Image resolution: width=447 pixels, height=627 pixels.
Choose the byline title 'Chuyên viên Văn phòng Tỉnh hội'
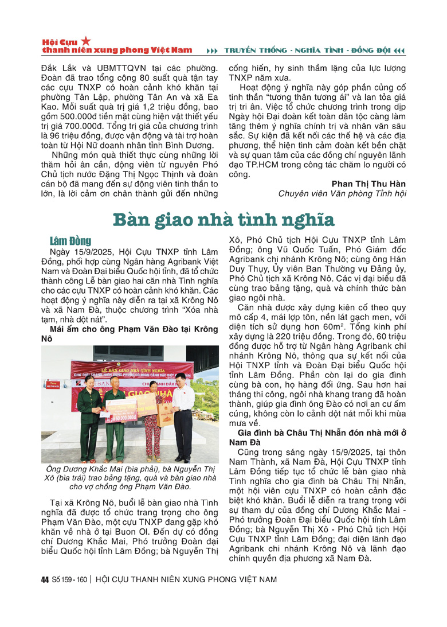tap(342, 194)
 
